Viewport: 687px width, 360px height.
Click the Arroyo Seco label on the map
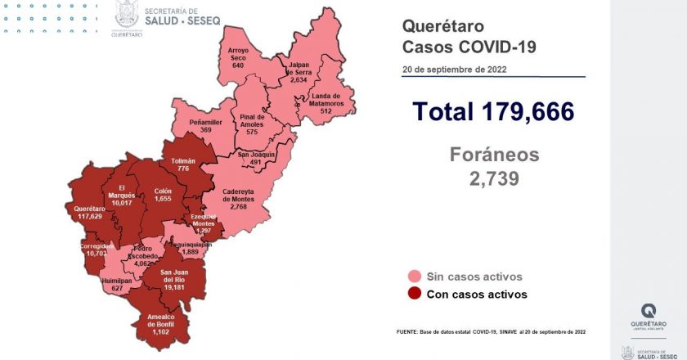238,56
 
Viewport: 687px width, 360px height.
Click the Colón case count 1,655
163,200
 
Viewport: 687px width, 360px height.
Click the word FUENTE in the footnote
409,331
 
